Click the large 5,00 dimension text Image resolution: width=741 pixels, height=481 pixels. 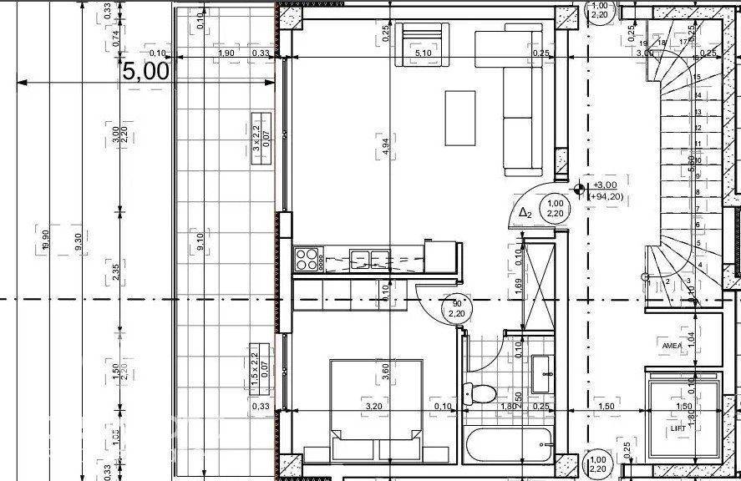[x=146, y=71]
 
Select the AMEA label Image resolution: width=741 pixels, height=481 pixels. [x=672, y=345]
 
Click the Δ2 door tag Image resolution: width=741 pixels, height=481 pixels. [x=525, y=213]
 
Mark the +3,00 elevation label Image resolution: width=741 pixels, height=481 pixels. [x=605, y=185]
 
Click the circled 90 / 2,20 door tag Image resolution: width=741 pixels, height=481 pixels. [x=456, y=308]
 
